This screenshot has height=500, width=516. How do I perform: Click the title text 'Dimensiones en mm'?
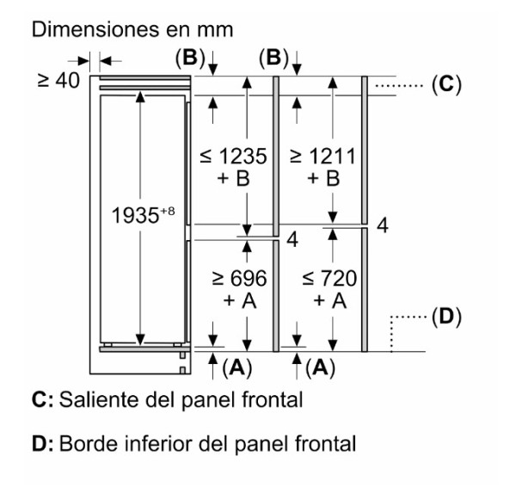coord(132,29)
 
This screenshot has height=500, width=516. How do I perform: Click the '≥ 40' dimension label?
coord(58,80)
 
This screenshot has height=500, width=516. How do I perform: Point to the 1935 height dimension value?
coord(135,216)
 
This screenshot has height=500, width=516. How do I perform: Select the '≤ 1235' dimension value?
coord(233,156)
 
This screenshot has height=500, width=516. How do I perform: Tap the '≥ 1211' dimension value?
coord(322,156)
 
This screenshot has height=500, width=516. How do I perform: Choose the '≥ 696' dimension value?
coord(239,279)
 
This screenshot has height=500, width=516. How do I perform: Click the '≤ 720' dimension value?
coord(329,279)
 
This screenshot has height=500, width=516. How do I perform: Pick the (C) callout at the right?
coord(446,84)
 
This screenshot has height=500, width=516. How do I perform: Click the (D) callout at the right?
coord(446,317)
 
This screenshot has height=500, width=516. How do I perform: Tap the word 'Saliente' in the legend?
coord(100,400)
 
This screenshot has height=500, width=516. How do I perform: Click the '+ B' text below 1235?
coord(233,178)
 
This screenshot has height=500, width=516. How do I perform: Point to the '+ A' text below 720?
coord(329,300)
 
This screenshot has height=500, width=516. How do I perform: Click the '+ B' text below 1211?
coord(323,178)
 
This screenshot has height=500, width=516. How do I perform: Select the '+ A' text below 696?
coord(240,300)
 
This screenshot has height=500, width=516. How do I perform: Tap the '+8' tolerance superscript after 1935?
coord(168,211)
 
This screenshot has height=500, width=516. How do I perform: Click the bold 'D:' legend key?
coord(42,444)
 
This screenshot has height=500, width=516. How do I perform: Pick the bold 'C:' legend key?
coord(42,400)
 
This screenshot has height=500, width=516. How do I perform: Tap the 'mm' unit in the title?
coord(215,30)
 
